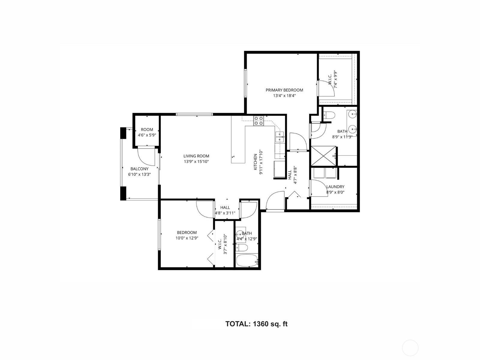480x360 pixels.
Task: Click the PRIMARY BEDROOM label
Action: coord(284,90)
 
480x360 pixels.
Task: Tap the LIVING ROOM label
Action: coord(196,156)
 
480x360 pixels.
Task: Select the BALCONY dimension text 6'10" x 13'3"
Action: coord(139,174)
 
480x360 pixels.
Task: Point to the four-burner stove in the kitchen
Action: coord(259,121)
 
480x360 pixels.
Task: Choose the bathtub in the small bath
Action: coord(247,260)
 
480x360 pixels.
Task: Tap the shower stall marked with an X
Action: coord(323,156)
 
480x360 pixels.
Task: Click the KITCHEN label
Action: coord(255,162)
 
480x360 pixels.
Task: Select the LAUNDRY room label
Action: coord(335,187)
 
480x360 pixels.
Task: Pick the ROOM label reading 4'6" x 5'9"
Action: coord(147,132)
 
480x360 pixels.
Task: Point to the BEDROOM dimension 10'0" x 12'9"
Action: coord(187,238)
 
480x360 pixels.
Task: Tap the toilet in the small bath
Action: coord(242,248)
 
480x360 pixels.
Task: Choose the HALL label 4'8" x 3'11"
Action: coord(225,210)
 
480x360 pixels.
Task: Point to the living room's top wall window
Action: coord(194,114)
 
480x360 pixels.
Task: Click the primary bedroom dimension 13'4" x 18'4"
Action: coord(284,95)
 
